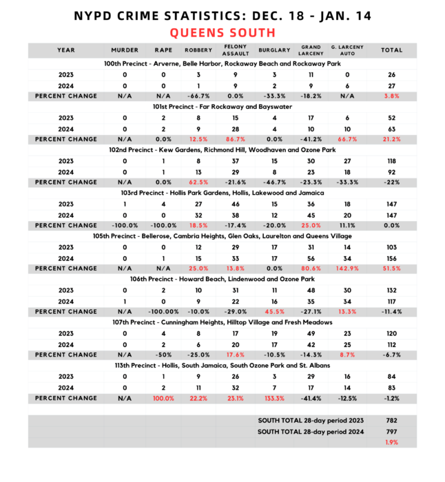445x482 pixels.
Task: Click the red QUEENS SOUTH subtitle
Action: coord(222,32)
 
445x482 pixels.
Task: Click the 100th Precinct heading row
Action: coord(222,63)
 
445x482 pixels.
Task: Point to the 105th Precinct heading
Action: coord(222,236)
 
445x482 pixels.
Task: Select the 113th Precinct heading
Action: coord(222,366)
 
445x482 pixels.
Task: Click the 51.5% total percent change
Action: coord(392,269)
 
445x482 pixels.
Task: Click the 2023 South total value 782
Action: coord(392,420)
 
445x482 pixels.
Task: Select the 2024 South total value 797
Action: coord(392,431)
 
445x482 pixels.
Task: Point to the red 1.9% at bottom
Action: coord(392,442)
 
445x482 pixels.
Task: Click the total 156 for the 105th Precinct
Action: coord(392,258)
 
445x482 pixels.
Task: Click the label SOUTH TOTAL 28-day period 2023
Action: coord(311,420)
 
